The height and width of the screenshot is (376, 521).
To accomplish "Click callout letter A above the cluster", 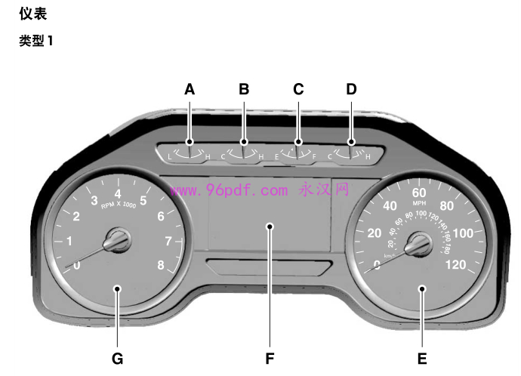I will (x=190, y=89).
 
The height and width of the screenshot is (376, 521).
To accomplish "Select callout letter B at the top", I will (x=244, y=89).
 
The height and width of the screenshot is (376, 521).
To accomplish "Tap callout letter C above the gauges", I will (x=298, y=89).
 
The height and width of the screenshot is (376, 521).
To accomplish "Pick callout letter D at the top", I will (x=351, y=89).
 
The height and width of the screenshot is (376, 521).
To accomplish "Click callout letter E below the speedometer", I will (x=422, y=358).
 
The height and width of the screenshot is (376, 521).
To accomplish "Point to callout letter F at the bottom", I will (x=270, y=358).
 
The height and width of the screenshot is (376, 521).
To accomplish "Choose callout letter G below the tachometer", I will (x=117, y=358).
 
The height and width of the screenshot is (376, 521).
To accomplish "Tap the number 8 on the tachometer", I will (x=160, y=264).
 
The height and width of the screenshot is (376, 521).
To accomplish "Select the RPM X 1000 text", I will (x=118, y=205).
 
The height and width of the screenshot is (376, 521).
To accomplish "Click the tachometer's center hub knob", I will (x=118, y=242).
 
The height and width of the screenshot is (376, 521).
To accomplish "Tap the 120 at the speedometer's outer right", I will (x=456, y=264).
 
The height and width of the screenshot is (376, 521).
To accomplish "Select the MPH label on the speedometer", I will (x=418, y=204).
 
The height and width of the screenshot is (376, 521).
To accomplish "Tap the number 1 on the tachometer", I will (x=69, y=242).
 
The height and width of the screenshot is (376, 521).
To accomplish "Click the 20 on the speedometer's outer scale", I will (x=374, y=233).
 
